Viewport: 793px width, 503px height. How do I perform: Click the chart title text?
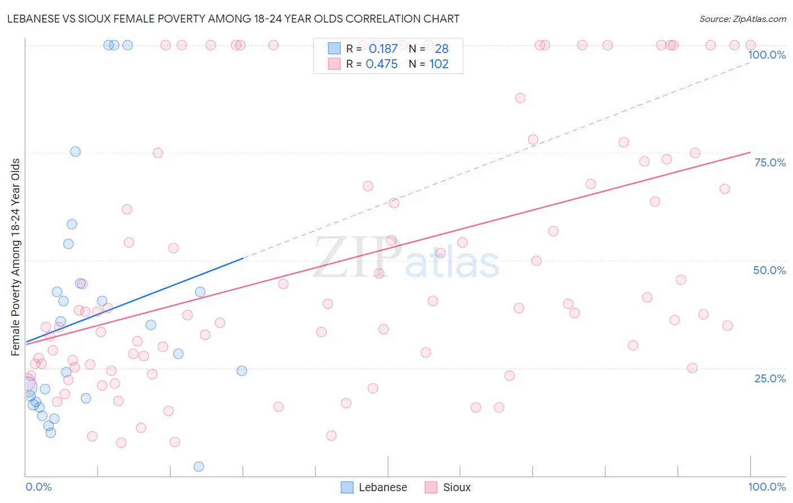pyautogui.click(x=233, y=19)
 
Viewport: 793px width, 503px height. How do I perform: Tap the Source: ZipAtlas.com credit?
pyautogui.click(x=742, y=19)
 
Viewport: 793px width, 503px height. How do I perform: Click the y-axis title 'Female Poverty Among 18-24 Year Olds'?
pyautogui.click(x=15, y=257)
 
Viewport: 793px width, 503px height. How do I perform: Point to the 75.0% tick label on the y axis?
pyautogui.click(x=770, y=162)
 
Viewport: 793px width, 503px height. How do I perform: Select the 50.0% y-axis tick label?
pyautogui.click(x=769, y=270)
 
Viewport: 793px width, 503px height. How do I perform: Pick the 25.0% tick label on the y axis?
pyautogui.click(x=770, y=378)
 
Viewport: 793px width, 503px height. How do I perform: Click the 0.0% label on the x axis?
pyautogui.click(x=38, y=487)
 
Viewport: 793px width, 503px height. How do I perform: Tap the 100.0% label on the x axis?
pyautogui.click(x=766, y=487)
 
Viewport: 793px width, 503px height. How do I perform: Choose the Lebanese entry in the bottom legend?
pyautogui.click(x=374, y=487)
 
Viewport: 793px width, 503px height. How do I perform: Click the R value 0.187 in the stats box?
pyautogui.click(x=383, y=49)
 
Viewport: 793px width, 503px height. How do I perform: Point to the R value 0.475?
pyautogui.click(x=382, y=64)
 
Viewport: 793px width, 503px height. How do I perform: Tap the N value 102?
pyautogui.click(x=439, y=64)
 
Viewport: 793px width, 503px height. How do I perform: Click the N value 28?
pyautogui.click(x=442, y=49)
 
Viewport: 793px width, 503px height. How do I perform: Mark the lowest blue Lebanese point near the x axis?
pyautogui.click(x=199, y=466)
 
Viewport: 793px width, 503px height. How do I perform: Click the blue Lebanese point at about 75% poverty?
pyautogui.click(x=75, y=152)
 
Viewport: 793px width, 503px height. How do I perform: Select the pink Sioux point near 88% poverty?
pyautogui.click(x=520, y=98)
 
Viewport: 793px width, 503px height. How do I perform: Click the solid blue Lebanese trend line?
pyautogui.click(x=135, y=299)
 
